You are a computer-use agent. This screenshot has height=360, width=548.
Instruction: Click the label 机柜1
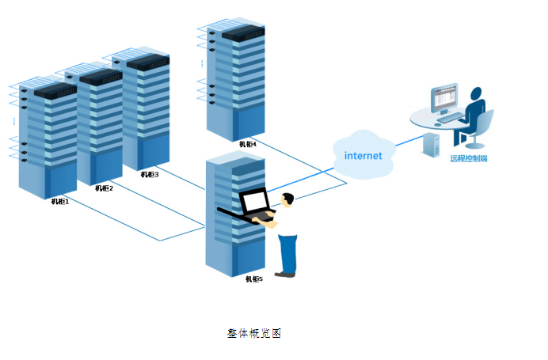point(61,201)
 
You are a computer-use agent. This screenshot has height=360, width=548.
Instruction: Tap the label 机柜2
point(105,188)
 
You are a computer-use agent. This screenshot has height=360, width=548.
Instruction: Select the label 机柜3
point(150,175)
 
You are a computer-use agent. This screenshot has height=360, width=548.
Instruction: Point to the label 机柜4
point(248,144)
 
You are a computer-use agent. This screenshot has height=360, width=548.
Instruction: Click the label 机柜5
point(253,279)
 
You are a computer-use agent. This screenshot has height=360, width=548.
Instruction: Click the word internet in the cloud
point(363,156)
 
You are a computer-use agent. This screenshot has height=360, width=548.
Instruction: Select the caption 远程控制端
point(469,158)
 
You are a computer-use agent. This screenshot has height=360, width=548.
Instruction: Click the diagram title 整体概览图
point(254,333)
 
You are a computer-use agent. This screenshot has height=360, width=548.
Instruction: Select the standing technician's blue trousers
point(288,253)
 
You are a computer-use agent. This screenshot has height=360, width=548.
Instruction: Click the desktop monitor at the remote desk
point(444,98)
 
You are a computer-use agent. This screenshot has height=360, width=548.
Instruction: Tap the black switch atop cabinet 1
point(55,89)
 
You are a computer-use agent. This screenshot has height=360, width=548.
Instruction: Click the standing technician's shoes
point(285,275)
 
